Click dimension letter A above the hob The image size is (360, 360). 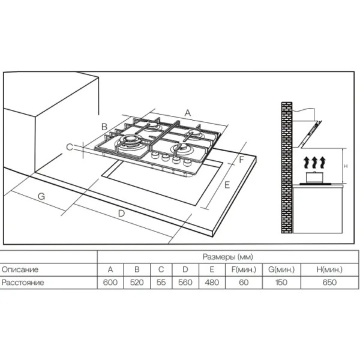(x=188, y=113)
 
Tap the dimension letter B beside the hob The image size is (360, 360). (x=104, y=127)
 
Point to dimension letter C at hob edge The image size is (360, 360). (x=70, y=147)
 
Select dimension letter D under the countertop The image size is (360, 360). (x=121, y=214)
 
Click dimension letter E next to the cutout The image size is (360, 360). (x=227, y=185)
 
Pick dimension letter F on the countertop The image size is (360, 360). (x=241, y=160)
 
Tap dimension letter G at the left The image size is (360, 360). (x=41, y=197)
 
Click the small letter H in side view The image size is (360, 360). (x=346, y=166)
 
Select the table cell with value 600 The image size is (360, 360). (x=110, y=283)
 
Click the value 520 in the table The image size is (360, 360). (x=137, y=283)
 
